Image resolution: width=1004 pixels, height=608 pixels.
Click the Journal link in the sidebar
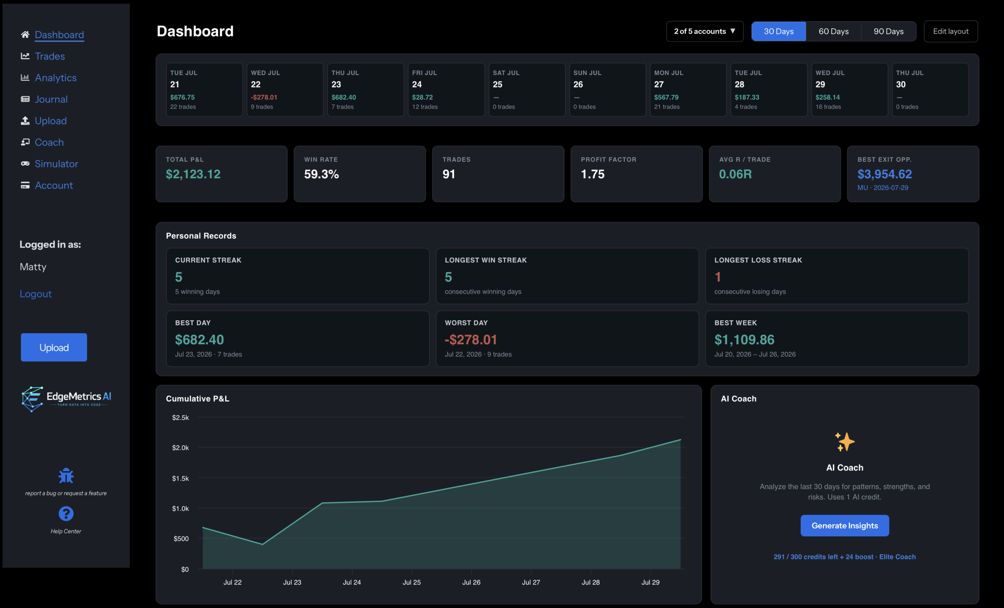tap(51, 99)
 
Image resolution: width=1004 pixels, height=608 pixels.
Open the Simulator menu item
tap(56, 164)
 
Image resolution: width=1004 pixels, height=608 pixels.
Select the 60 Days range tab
tap(833, 31)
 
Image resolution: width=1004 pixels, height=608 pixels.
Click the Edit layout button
tap(951, 31)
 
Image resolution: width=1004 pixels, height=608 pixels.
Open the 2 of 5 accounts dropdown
tap(704, 31)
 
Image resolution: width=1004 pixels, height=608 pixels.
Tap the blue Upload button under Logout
tap(54, 347)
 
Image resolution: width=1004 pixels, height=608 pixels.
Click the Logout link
tap(36, 294)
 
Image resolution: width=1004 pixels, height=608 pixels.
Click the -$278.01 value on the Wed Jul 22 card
tap(264, 97)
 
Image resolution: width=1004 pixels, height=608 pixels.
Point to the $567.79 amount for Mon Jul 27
tap(666, 97)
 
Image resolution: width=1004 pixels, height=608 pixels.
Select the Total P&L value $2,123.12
tap(193, 174)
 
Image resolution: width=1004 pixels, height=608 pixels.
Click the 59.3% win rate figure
tap(322, 174)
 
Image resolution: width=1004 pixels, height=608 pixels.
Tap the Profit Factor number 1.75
tap(593, 174)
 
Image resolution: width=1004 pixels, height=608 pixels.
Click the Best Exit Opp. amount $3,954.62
tap(885, 174)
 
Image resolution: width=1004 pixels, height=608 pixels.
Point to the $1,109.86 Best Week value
tap(744, 339)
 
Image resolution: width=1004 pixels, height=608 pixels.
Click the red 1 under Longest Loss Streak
tap(718, 277)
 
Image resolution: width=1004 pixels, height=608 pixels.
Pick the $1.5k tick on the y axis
tap(180, 478)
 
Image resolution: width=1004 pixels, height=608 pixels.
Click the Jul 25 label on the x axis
tap(411, 583)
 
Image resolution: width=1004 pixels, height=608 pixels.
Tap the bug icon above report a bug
tap(66, 476)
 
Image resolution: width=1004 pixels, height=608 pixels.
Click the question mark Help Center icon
tap(66, 514)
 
